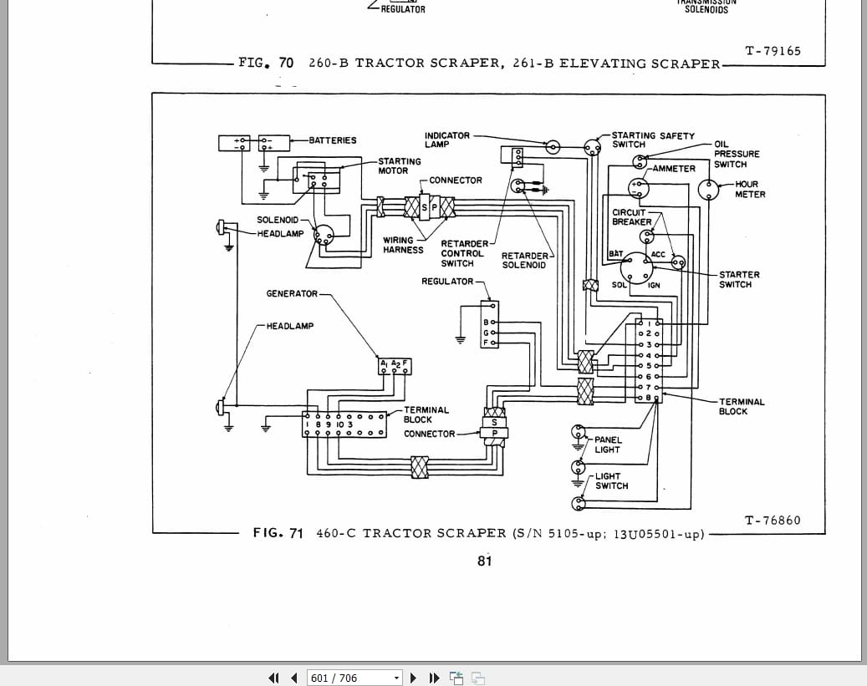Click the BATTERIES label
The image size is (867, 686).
(x=333, y=140)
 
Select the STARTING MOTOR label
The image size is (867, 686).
(x=400, y=165)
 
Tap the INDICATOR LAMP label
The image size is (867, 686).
(x=447, y=140)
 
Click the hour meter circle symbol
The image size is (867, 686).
(x=708, y=190)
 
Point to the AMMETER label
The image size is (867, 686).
(x=674, y=169)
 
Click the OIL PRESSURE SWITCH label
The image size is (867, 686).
(x=736, y=154)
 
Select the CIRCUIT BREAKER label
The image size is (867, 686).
(x=632, y=217)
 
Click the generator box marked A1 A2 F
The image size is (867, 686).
(x=395, y=365)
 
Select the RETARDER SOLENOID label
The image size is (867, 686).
(x=524, y=261)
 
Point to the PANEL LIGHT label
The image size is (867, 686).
(x=608, y=445)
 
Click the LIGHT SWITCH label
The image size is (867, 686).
(x=612, y=481)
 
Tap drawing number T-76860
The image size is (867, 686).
(x=772, y=521)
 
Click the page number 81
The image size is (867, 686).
(x=485, y=562)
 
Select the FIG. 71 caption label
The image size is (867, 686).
(x=278, y=533)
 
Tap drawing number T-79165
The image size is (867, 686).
(x=772, y=51)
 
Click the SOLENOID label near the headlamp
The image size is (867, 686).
(x=278, y=221)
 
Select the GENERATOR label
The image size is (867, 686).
(x=292, y=294)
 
